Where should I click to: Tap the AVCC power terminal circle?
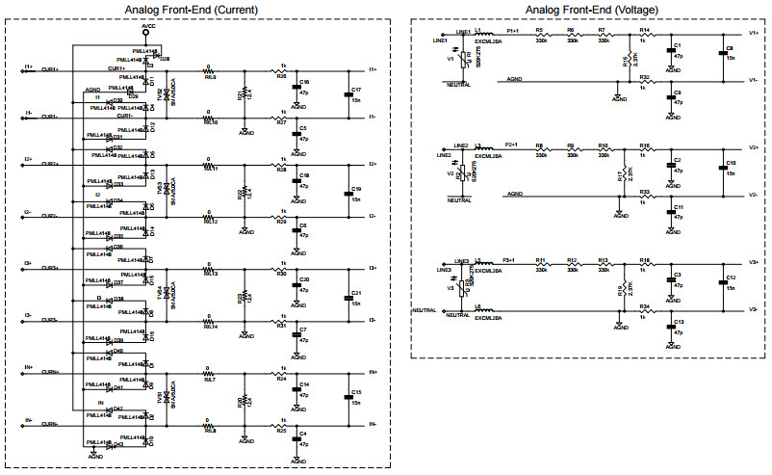[146, 33]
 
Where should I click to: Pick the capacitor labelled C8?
[723, 56]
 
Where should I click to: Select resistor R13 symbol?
[604, 267]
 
